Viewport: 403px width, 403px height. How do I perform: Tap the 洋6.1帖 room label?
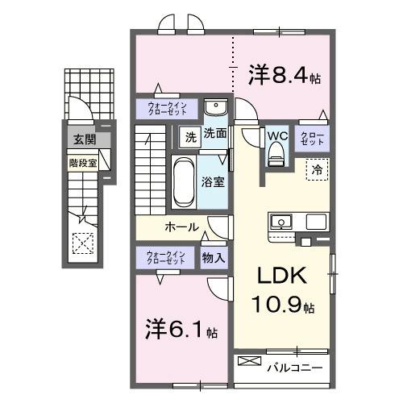(x=181, y=330)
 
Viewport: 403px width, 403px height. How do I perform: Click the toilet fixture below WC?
(x=276, y=154)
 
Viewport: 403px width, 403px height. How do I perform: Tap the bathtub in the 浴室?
(x=182, y=183)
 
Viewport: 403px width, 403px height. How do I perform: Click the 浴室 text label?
(x=214, y=182)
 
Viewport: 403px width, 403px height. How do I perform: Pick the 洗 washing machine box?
(x=189, y=135)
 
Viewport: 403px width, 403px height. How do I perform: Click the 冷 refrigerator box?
(x=317, y=170)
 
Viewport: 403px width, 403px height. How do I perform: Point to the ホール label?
(x=182, y=226)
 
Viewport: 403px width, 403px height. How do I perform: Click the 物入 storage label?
(x=214, y=258)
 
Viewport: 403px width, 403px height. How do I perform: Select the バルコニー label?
(x=295, y=368)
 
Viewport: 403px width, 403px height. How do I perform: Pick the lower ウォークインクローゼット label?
(x=165, y=258)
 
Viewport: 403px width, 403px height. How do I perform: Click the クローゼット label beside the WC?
(x=313, y=138)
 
